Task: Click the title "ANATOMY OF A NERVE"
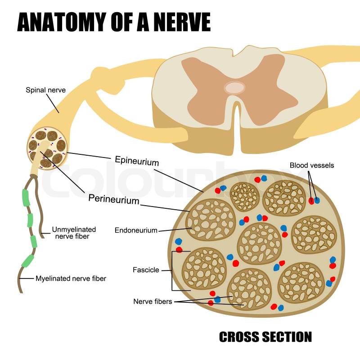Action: [x=113, y=22]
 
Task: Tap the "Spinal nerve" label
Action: [x=45, y=90]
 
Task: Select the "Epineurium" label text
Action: [x=137, y=160]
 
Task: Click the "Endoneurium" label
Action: [x=136, y=230]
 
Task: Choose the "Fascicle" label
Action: [x=146, y=270]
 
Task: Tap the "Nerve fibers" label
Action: [x=153, y=301]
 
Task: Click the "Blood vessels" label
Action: [x=312, y=165]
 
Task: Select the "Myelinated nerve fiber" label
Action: [x=71, y=279]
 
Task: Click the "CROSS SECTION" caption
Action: [x=265, y=337]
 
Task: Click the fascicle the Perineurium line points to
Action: [x=211, y=220]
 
